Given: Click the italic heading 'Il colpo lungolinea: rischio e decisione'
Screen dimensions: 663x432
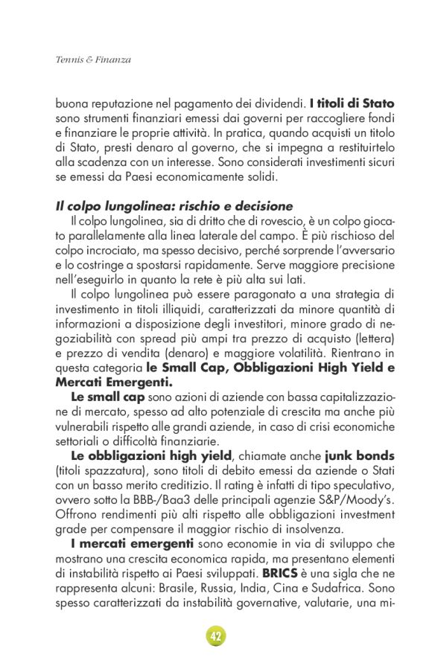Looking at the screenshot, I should (174, 205).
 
